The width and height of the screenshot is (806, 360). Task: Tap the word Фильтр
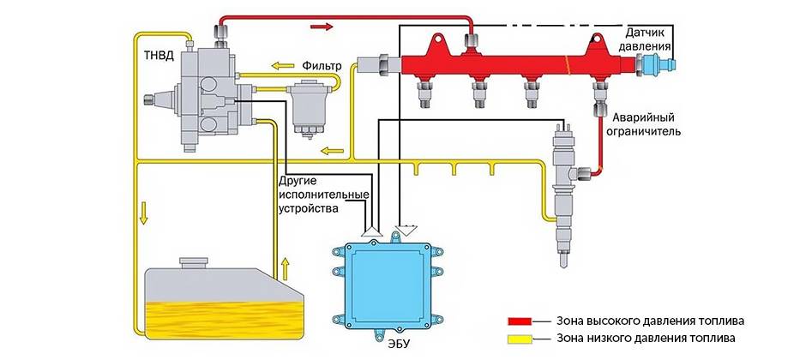pos(322,65)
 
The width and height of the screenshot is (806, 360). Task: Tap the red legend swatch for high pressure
pos(520,321)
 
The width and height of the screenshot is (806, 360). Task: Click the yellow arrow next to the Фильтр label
pos(284,65)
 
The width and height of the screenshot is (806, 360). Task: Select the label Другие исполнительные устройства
pos(313,195)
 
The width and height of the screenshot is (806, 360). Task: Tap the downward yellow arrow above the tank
pos(144,212)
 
